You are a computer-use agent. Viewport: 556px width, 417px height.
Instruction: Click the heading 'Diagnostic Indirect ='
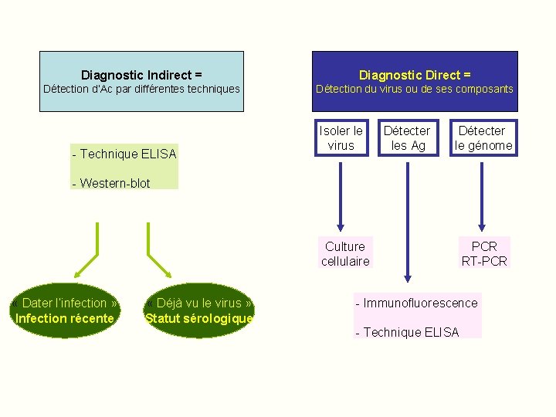click(141, 75)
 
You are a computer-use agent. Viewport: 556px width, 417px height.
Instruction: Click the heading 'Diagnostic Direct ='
click(415, 75)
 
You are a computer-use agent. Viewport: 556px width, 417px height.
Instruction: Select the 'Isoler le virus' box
click(341, 137)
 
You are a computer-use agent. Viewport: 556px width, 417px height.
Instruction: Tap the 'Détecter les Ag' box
click(408, 137)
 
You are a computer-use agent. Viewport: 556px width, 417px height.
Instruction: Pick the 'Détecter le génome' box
click(483, 137)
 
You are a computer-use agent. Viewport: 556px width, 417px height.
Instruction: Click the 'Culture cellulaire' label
click(345, 253)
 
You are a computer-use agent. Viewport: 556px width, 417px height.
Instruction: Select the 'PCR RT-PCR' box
click(484, 253)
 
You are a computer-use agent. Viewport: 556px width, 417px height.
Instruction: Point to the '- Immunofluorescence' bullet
click(417, 303)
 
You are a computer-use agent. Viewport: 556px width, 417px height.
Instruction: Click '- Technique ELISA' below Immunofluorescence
click(407, 332)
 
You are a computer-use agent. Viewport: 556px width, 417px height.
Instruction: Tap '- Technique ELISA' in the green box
click(124, 154)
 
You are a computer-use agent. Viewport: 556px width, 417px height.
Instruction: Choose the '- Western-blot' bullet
click(111, 183)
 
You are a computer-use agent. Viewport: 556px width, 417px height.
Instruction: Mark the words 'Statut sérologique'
click(199, 318)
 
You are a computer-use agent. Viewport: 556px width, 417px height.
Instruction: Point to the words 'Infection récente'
click(66, 318)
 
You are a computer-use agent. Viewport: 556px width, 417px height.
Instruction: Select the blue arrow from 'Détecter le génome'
click(482, 193)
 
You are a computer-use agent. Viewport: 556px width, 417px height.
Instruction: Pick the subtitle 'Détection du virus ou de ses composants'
click(415, 89)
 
